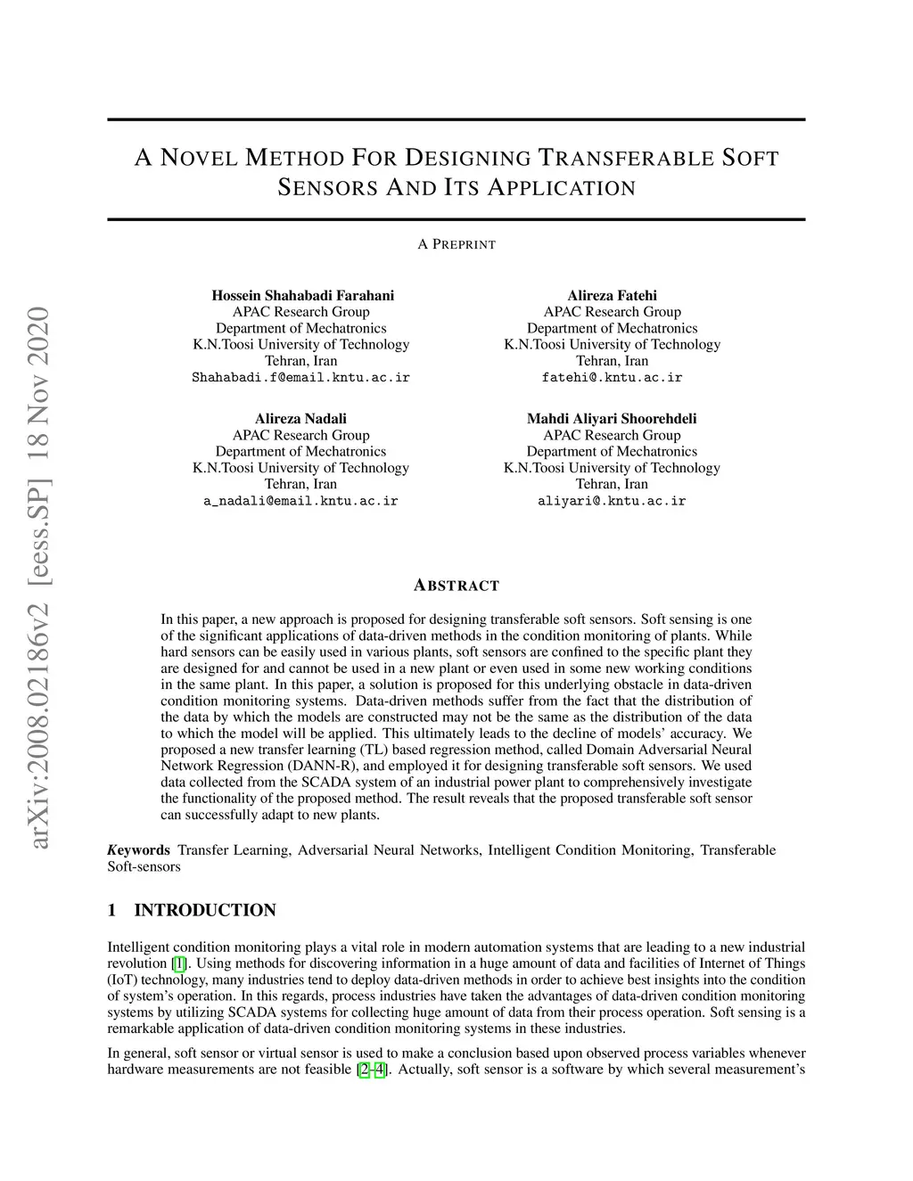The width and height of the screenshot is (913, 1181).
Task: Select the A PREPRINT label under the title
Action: tap(456, 244)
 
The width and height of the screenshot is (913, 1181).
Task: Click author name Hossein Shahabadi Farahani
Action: tap(302, 295)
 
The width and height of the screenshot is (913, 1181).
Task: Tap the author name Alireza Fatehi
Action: tap(612, 295)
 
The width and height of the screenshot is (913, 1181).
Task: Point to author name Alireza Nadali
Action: tap(300, 418)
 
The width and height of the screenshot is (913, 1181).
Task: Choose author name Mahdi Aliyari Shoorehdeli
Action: tap(612, 418)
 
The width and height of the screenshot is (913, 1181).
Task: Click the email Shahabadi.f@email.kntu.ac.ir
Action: tap(300, 377)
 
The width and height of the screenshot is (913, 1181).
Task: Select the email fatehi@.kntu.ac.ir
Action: tap(612, 377)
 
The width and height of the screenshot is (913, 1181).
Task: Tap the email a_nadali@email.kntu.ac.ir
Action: tap(300, 501)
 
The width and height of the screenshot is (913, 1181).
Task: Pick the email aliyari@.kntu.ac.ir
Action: tap(612, 501)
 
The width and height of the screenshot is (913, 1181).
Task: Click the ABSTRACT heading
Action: tap(456, 586)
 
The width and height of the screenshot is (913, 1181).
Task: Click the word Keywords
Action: tap(139, 849)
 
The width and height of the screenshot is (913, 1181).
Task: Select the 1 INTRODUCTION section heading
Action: tap(192, 910)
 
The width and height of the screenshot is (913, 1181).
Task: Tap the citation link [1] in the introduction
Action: tap(179, 964)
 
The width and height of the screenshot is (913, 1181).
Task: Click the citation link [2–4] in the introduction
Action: tap(372, 1069)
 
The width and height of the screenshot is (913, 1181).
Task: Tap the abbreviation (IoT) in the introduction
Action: tap(122, 980)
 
